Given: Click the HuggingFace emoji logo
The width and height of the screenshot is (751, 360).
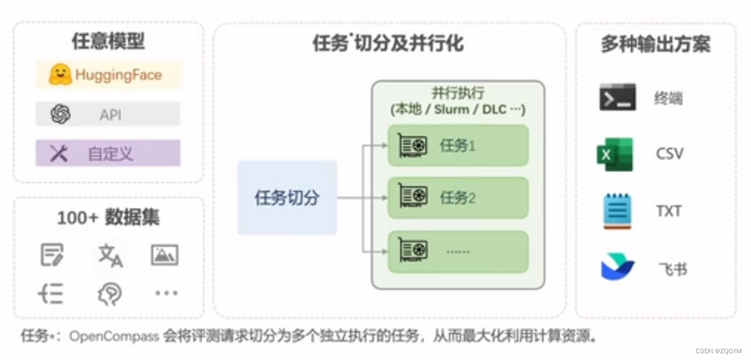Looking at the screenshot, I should [60, 75].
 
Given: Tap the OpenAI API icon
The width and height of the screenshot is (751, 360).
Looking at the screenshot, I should [60, 114].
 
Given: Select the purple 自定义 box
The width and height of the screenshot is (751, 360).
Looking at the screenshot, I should [108, 153].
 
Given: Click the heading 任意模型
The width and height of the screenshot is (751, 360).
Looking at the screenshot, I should [108, 41].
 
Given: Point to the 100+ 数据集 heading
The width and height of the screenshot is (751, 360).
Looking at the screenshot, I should [108, 218].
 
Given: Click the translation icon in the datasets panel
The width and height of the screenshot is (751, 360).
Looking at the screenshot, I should [111, 255].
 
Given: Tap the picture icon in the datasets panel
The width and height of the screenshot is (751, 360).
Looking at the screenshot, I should [165, 255].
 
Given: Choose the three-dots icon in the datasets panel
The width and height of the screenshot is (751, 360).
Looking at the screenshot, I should [166, 294].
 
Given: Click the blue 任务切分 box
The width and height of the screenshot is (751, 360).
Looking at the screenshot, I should [287, 197].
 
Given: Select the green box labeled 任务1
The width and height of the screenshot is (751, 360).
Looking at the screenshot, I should [458, 146].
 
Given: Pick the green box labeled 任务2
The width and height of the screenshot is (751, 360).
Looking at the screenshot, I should [458, 198].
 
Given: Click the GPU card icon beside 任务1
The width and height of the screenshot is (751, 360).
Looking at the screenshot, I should [413, 146].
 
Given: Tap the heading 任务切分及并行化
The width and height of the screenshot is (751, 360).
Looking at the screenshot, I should [388, 44].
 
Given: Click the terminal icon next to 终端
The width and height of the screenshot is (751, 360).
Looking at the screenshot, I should [618, 97].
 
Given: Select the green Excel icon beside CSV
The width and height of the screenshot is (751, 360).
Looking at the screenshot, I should [615, 154].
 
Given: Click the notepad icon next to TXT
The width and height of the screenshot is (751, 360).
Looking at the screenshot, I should [617, 211].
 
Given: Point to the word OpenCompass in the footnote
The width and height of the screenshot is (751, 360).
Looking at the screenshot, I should [115, 336].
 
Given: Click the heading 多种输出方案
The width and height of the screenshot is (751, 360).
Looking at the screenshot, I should [655, 44].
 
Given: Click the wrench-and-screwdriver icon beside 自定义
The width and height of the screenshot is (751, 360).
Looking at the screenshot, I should [59, 154].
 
